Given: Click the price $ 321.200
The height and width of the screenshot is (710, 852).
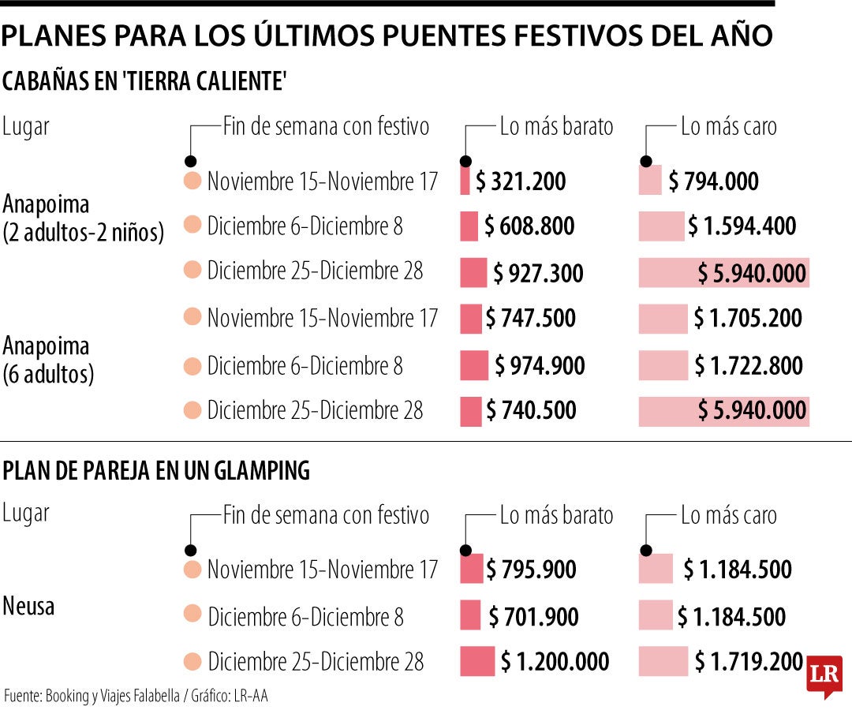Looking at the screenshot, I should (x=521, y=182).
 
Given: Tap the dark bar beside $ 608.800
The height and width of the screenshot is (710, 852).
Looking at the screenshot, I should (x=469, y=226).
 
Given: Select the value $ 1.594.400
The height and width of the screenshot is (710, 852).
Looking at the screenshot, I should (x=742, y=227).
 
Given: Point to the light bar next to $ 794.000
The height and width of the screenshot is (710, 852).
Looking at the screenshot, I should (x=650, y=180).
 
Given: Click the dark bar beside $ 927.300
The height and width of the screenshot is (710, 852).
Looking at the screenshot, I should (x=473, y=273).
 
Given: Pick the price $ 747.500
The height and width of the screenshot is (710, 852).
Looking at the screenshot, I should (x=530, y=319).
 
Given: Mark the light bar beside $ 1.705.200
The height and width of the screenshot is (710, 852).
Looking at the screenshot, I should (x=663, y=319).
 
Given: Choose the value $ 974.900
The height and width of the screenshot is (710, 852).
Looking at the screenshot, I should (x=540, y=366).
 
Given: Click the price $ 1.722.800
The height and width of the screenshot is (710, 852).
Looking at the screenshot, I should (x=749, y=366).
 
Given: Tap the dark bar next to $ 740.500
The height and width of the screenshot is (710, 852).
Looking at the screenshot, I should (x=470, y=411).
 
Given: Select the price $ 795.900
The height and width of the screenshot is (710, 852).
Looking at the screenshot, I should (x=531, y=570).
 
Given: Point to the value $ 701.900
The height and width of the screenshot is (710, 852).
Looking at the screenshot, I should (x=533, y=617).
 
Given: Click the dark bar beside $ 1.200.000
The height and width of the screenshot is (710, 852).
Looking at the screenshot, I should (x=477, y=662).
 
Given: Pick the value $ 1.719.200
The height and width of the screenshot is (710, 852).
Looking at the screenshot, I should (x=749, y=663).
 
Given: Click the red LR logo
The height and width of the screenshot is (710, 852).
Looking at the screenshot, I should (x=824, y=677).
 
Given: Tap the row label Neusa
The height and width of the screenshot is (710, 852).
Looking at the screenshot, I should (x=28, y=607).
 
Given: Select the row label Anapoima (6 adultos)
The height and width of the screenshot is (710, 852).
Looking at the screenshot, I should (x=48, y=360).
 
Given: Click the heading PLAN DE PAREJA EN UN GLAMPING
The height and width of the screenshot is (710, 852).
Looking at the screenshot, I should (x=156, y=472).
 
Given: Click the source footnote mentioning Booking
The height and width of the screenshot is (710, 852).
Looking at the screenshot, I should (x=136, y=697).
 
